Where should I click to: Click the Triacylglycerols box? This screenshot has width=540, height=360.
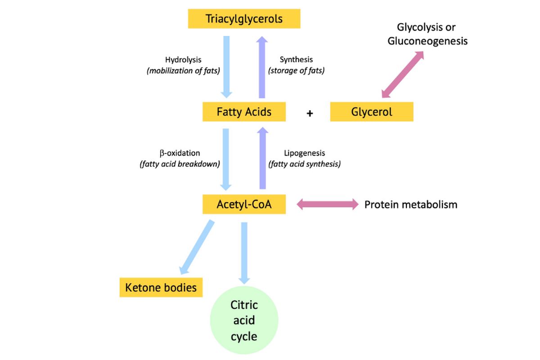pyautogui.click(x=244, y=19)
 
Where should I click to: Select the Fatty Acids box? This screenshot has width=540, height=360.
pyautogui.click(x=244, y=112)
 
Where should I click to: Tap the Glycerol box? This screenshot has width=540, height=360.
pyautogui.click(x=371, y=112)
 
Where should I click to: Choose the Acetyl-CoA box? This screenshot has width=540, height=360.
pyautogui.click(x=244, y=204)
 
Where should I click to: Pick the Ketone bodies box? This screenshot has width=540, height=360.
pyautogui.click(x=161, y=287)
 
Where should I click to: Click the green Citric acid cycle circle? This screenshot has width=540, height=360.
pyautogui.click(x=244, y=320)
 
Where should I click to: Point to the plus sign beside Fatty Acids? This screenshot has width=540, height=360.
pyautogui.click(x=310, y=113)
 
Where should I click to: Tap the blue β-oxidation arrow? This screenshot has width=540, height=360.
pyautogui.click(x=226, y=159)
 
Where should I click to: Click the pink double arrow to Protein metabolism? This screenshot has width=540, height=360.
pyautogui.click(x=327, y=205)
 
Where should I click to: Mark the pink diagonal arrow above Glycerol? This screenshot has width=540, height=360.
pyautogui.click(x=402, y=74)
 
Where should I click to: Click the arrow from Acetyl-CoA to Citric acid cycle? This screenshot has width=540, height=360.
pyautogui.click(x=244, y=252)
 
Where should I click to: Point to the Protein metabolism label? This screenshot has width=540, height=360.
pyautogui.click(x=410, y=205)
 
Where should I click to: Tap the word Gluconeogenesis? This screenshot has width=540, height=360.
pyautogui.click(x=427, y=41)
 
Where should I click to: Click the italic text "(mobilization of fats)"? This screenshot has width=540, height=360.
pyautogui.click(x=183, y=70)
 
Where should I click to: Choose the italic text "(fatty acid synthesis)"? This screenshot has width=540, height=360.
pyautogui.click(x=304, y=164)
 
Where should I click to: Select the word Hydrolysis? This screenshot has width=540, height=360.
pyautogui.click(x=183, y=59)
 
